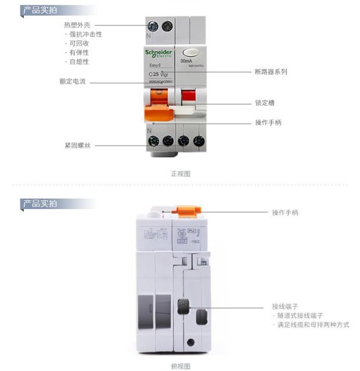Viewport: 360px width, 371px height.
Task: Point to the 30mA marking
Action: pos(187,61)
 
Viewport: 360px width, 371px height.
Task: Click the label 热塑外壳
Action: pos(76,25)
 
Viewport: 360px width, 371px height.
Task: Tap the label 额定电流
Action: pos(73,82)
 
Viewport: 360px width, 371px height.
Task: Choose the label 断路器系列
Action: pos(271,72)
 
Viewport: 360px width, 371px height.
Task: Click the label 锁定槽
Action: pos(265,103)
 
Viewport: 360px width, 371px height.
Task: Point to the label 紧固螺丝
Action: pos(78,145)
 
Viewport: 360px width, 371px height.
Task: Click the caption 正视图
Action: pos(180,174)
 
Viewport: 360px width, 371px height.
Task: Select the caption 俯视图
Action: pos(180,366)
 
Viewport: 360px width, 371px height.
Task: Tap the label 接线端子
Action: pos(285,306)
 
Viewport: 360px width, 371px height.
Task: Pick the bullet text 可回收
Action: pos(79,44)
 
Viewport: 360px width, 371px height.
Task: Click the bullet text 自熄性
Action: pos(79,62)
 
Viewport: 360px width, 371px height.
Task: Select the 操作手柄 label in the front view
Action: pos(268,123)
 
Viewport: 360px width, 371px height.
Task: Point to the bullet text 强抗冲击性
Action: pos(85,34)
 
